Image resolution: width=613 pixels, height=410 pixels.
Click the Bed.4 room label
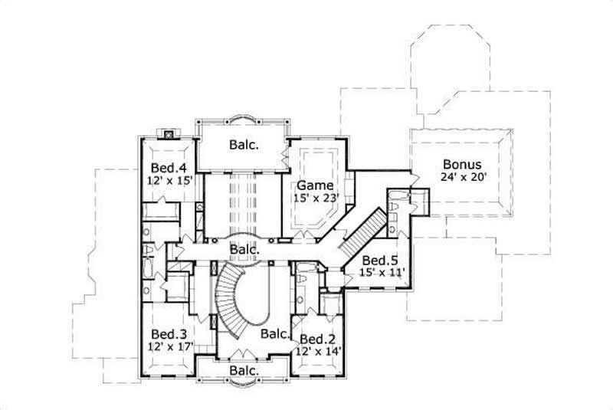click(x=166, y=168)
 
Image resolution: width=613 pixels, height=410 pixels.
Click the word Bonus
click(x=462, y=164)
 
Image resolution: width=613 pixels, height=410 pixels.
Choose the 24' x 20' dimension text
click(x=462, y=177)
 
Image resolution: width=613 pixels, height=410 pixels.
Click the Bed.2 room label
click(x=316, y=339)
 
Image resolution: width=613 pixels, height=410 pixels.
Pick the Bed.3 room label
click(x=166, y=334)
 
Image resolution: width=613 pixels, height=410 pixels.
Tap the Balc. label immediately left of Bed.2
click(x=274, y=334)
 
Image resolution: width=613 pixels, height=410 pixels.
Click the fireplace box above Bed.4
click(x=169, y=132)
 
